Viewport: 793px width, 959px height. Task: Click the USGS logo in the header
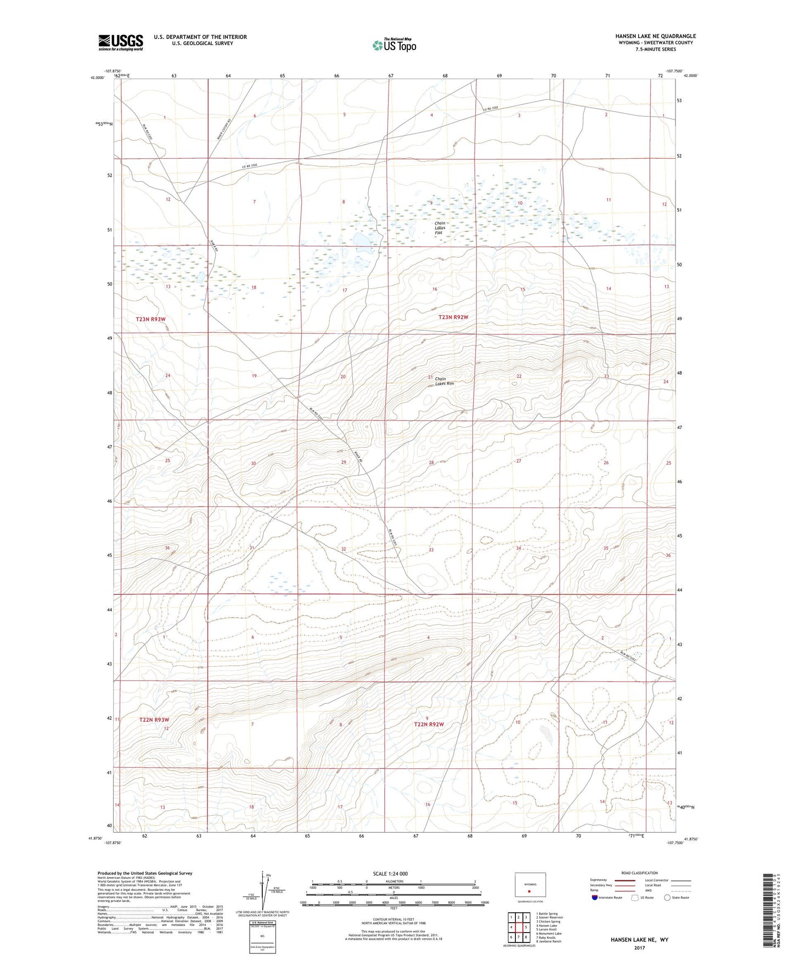[121, 42]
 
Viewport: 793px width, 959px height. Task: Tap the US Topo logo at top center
[393, 45]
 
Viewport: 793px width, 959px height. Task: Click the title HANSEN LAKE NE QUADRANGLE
[655, 36]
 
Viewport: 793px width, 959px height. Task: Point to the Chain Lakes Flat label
[440, 228]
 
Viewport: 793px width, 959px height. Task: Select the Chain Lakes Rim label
[444, 381]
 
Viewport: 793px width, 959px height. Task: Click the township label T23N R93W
[150, 319]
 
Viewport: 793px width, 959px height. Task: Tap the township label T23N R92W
[453, 317]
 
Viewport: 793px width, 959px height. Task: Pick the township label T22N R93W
[154, 720]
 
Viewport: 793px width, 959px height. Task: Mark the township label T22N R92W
[429, 724]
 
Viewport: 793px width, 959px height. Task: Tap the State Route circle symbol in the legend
[667, 897]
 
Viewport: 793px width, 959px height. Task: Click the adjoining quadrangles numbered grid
[518, 928]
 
